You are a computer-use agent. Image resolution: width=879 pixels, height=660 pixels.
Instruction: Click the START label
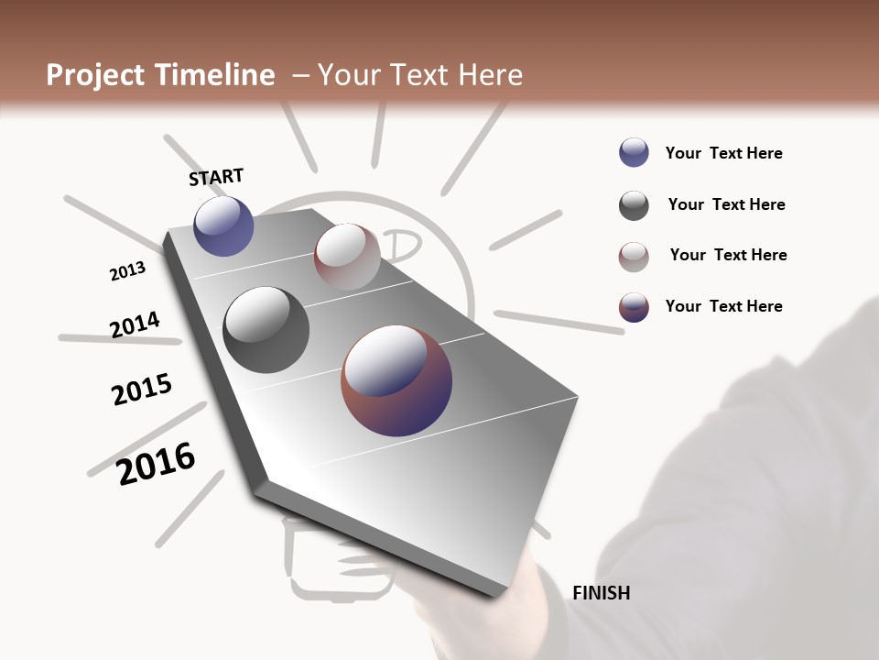click(216, 177)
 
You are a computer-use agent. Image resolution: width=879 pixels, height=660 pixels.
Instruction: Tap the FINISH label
click(601, 593)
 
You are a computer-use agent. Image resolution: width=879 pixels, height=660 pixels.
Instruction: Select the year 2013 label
click(127, 271)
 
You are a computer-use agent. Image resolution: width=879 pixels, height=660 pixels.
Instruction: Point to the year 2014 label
click(135, 325)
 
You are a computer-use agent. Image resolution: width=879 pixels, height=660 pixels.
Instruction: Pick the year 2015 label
click(142, 390)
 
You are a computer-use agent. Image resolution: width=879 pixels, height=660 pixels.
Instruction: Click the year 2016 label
click(156, 463)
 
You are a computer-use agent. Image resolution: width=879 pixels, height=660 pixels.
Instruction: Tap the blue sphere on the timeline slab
click(223, 225)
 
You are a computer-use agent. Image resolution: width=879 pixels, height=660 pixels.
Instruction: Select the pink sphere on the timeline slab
click(347, 256)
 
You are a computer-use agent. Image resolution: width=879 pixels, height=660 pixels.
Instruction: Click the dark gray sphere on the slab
click(266, 330)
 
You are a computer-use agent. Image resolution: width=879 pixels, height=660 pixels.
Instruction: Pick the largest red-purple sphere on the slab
click(396, 379)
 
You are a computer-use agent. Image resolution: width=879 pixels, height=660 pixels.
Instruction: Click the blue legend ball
click(634, 152)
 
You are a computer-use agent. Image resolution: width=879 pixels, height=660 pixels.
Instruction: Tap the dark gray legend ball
click(634, 205)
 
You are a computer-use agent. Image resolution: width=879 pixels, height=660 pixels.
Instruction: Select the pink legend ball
click(634, 257)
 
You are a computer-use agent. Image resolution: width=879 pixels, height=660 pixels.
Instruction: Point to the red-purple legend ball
click(634, 307)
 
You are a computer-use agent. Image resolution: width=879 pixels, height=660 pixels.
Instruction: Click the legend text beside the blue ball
click(723, 154)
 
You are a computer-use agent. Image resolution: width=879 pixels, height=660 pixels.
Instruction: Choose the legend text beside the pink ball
click(728, 255)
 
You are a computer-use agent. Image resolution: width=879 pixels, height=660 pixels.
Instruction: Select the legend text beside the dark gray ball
click(726, 204)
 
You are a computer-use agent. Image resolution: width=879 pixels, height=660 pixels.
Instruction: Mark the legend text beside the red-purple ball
click(723, 306)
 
